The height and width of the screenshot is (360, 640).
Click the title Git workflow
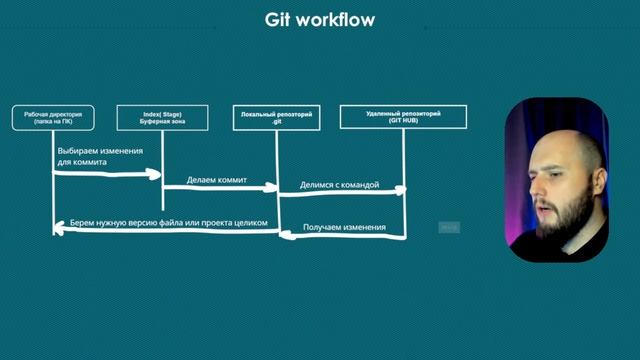[320, 19]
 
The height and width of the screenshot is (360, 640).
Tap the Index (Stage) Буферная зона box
[162, 118]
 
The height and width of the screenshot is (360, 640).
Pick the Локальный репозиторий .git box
[276, 118]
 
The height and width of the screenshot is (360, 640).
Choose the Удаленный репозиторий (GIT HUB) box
[403, 118]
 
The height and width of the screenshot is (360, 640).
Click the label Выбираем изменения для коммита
[100, 156]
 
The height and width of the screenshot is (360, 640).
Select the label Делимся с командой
[339, 186]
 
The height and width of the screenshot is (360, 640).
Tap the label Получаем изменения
[345, 227]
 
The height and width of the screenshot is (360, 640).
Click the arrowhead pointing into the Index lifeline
[157, 174]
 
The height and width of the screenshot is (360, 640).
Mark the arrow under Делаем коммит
[220, 191]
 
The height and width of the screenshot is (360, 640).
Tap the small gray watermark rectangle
[449, 228]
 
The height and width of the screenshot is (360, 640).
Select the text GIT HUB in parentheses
[404, 123]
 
